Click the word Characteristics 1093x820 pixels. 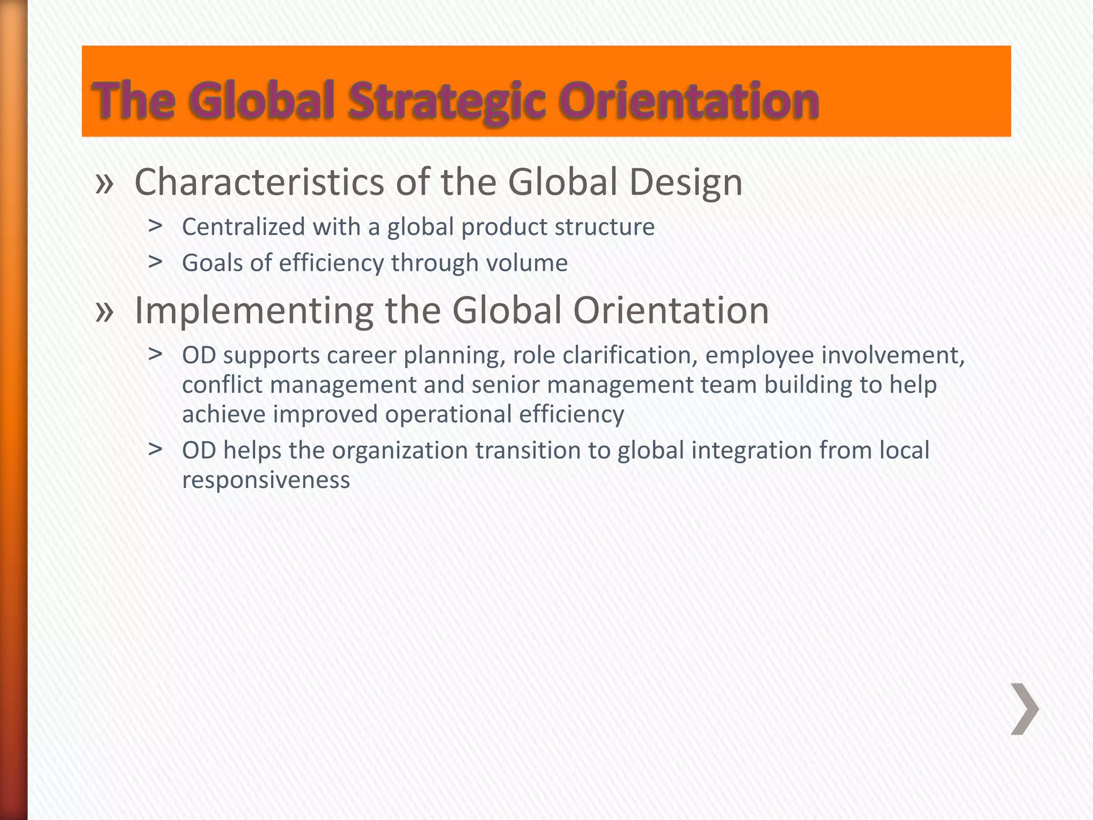point(259,182)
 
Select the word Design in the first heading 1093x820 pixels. point(686,183)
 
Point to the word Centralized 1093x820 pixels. point(243,227)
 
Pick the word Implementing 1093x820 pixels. point(254,311)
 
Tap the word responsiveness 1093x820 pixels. point(266,480)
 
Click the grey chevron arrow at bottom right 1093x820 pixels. point(1024,709)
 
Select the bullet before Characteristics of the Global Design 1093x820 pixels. point(105,183)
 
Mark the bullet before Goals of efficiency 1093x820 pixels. point(155,262)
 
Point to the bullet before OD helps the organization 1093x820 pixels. point(155,450)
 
